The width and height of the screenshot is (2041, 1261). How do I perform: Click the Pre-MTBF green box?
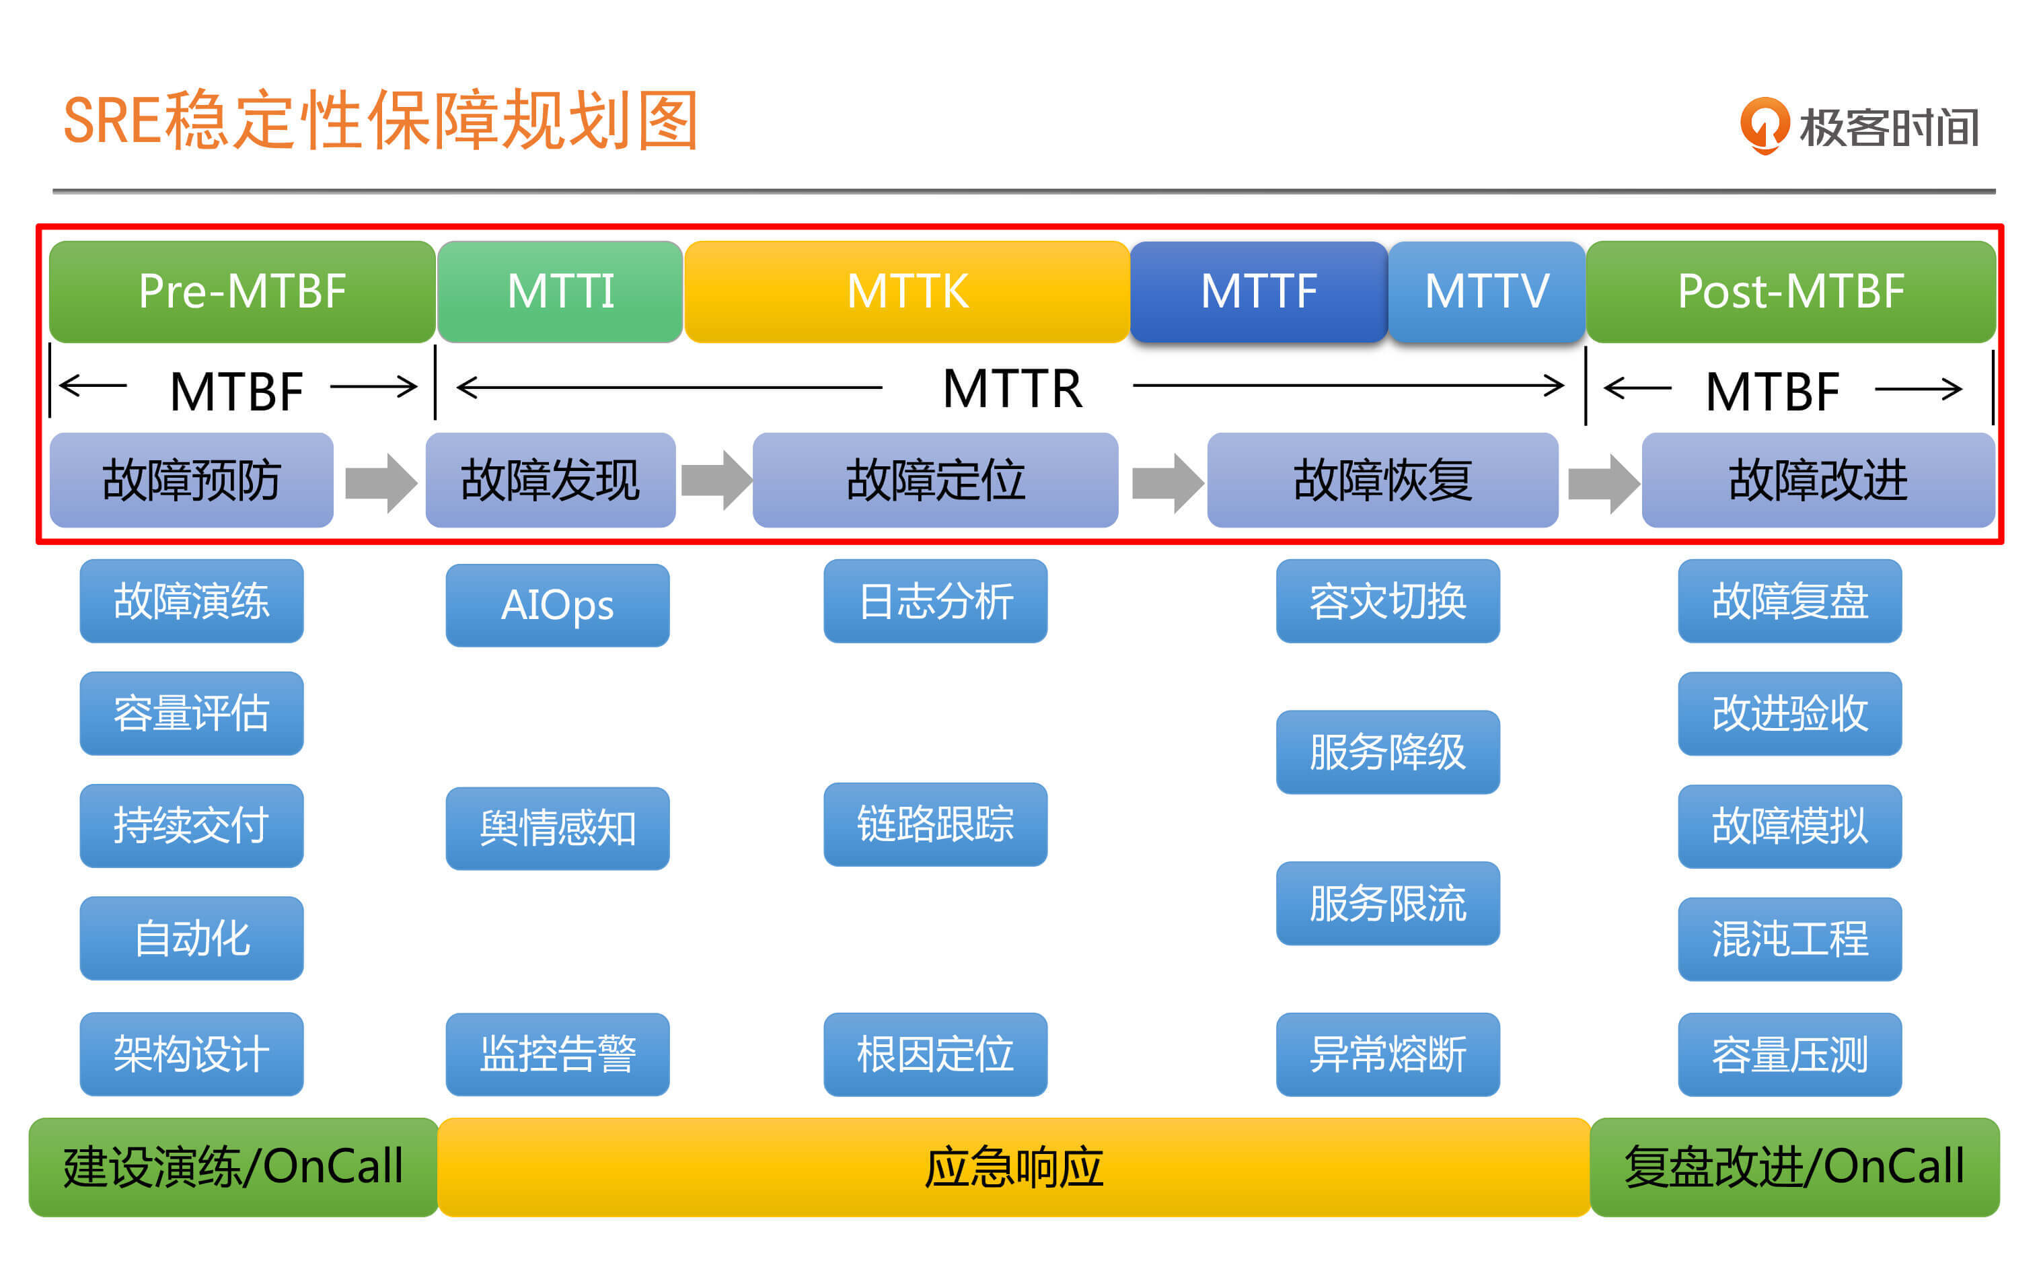pyautogui.click(x=242, y=291)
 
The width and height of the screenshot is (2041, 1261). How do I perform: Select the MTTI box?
pyautogui.click(x=560, y=291)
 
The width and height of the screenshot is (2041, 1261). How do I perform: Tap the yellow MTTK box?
pyautogui.click(x=906, y=291)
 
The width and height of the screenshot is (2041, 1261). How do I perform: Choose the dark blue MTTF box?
pyautogui.click(x=1258, y=291)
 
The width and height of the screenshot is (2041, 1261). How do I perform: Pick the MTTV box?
pyautogui.click(x=1487, y=291)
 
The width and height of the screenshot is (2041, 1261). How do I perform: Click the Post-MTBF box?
pyautogui.click(x=1790, y=291)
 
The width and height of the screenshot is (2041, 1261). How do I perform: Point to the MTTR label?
pyautogui.click(x=1012, y=389)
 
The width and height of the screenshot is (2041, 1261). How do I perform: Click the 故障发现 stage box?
pyautogui.click(x=550, y=480)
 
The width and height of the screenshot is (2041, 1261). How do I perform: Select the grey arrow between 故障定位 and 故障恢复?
pyautogui.click(x=1166, y=482)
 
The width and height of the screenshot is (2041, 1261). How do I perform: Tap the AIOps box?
pyautogui.click(x=557, y=605)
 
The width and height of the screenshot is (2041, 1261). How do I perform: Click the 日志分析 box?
pyautogui.click(x=934, y=600)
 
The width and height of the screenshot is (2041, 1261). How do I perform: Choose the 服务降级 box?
pyautogui.click(x=1387, y=752)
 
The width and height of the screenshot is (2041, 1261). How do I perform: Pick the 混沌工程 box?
pyautogui.click(x=1789, y=938)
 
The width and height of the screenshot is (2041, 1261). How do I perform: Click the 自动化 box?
pyautogui.click(x=192, y=938)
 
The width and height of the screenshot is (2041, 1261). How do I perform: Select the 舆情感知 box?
pyautogui.click(x=557, y=828)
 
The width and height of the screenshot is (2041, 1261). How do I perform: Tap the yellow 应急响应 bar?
pyautogui.click(x=1013, y=1167)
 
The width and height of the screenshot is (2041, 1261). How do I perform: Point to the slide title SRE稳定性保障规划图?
pyautogui.click(x=381, y=121)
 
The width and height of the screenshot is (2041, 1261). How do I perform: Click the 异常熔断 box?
pyautogui.click(x=1387, y=1054)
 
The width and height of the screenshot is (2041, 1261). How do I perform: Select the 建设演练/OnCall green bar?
pyautogui.click(x=233, y=1167)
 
